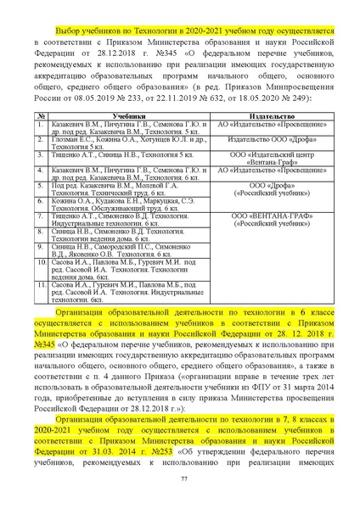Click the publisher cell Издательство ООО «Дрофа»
272,138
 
